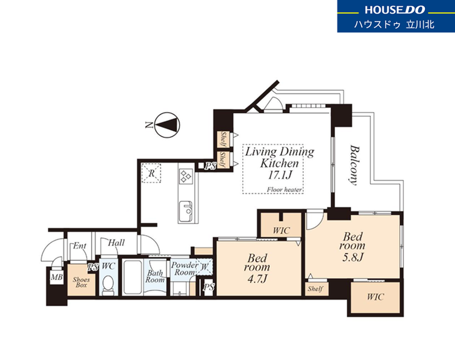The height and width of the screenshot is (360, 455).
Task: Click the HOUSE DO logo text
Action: [395, 10]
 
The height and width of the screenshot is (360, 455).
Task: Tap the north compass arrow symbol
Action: [167, 125]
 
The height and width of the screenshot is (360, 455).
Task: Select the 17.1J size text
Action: [280, 175]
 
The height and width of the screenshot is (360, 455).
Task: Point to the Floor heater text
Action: [284, 190]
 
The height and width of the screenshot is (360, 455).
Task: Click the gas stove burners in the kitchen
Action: [186, 176]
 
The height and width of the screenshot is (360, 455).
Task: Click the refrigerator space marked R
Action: [151, 174]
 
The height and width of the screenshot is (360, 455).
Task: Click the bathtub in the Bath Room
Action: [133, 278]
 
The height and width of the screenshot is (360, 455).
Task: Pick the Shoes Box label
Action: [81, 282]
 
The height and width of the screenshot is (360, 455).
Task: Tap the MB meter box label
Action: [57, 278]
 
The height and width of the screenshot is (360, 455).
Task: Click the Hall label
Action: [116, 242]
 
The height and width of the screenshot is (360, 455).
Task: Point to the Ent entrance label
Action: [79, 246]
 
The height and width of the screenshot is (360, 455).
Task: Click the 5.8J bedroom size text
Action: [353, 257]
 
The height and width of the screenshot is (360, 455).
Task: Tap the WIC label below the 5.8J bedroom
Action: [375, 297]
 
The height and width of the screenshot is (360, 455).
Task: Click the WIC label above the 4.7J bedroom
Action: [281, 231]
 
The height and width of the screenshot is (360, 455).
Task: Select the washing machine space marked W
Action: [205, 266]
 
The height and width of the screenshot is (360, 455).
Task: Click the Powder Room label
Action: [185, 268]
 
